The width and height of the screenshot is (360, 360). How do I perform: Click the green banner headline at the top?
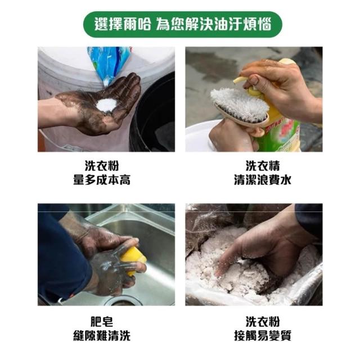coord(182,24)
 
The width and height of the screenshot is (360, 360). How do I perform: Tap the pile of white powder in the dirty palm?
coord(107,105)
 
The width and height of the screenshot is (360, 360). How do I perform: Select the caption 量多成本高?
coord(102,180)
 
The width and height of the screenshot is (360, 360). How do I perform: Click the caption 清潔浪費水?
coord(263,180)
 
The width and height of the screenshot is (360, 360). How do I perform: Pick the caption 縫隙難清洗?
coord(102,335)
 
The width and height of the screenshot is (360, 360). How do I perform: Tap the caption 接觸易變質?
coord(263,335)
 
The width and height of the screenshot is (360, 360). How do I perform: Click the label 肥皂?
coord(102,321)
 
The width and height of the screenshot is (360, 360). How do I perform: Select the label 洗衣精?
coord(263,166)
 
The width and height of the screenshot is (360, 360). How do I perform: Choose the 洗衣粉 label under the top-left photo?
coord(102,166)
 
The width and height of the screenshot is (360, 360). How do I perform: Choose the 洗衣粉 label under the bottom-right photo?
coord(263,321)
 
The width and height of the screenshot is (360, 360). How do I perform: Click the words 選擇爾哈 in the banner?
coord(123,24)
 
